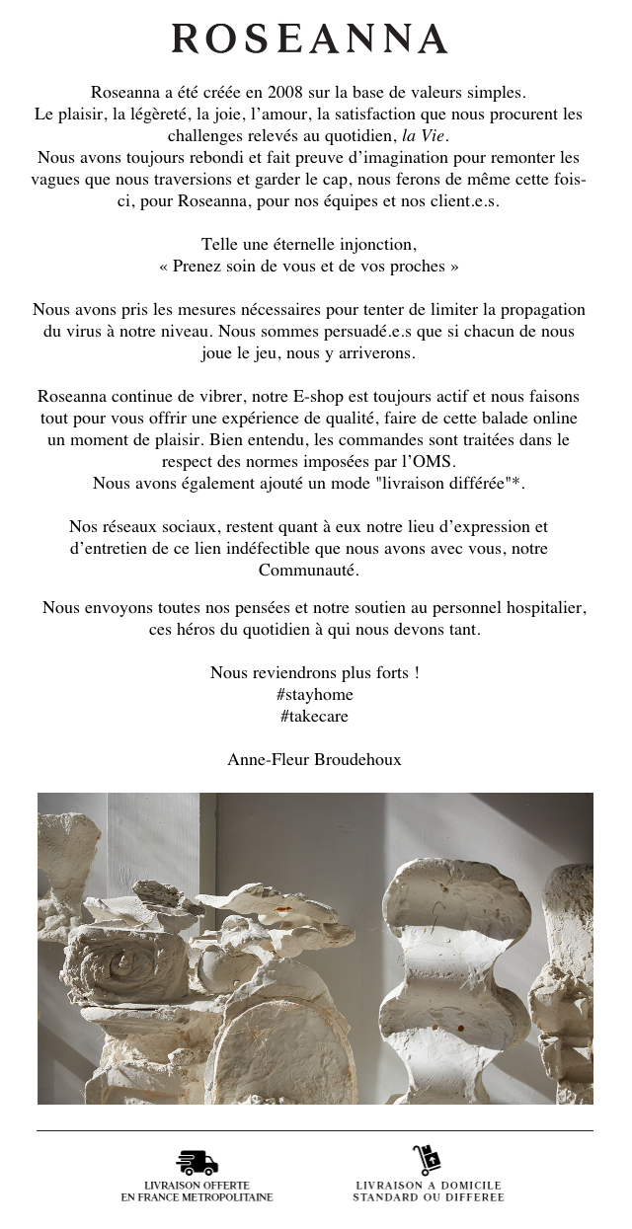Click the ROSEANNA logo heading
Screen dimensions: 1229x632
tap(310, 39)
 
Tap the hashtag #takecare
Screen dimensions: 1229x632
tap(314, 716)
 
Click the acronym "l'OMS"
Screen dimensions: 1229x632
tap(429, 461)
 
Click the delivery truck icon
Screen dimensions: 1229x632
tap(197, 1162)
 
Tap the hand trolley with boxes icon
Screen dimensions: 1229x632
tap(427, 1160)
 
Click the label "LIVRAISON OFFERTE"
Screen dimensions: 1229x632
tap(197, 1185)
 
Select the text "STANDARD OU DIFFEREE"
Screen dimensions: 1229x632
tap(429, 1197)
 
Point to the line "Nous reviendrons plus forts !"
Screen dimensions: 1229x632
tap(315, 672)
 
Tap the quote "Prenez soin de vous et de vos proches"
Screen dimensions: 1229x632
tap(309, 266)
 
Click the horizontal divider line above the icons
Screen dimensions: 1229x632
tap(315, 1130)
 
